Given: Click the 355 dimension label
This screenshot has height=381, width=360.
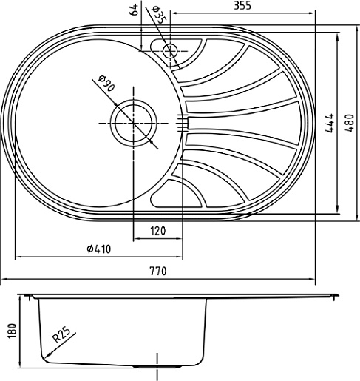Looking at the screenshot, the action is (x=242, y=5).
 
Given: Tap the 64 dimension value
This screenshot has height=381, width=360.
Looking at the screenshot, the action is (x=135, y=10).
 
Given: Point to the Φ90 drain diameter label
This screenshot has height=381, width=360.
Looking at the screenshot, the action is (x=106, y=84).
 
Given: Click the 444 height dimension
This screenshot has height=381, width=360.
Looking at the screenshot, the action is (x=329, y=123).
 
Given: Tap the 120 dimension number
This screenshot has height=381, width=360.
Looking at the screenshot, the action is (x=157, y=231).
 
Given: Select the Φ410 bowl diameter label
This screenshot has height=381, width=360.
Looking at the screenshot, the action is (x=99, y=249).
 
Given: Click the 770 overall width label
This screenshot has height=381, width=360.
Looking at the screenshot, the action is (x=158, y=271).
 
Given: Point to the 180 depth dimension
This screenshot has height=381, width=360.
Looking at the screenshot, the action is (x=13, y=331).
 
